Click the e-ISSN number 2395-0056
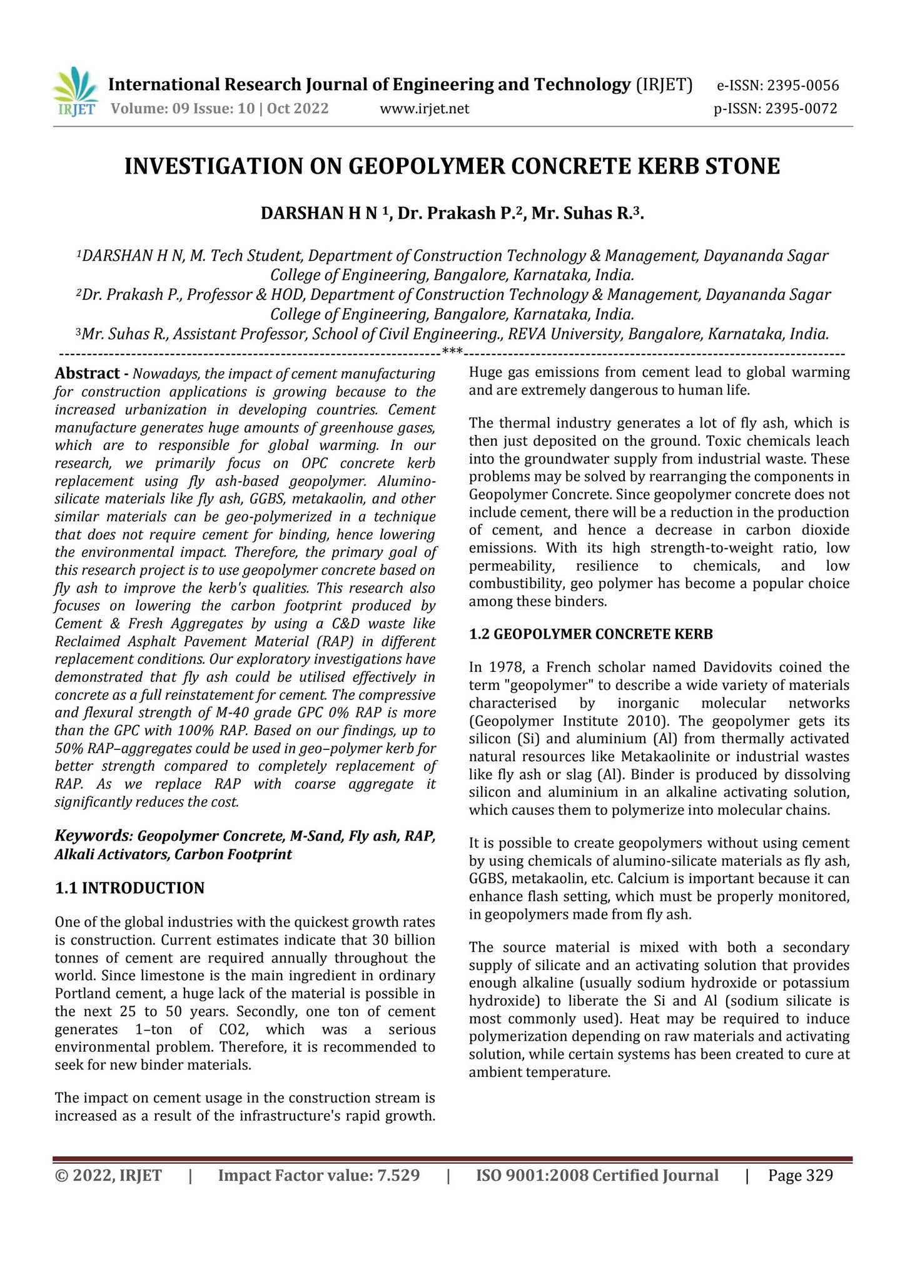coord(803,86)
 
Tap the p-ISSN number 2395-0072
coord(801,109)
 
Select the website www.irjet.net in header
coord(424,109)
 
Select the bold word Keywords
coord(93,836)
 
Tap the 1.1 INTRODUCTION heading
coord(129,887)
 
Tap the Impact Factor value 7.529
coord(397,1176)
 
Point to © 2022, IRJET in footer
coord(109,1176)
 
